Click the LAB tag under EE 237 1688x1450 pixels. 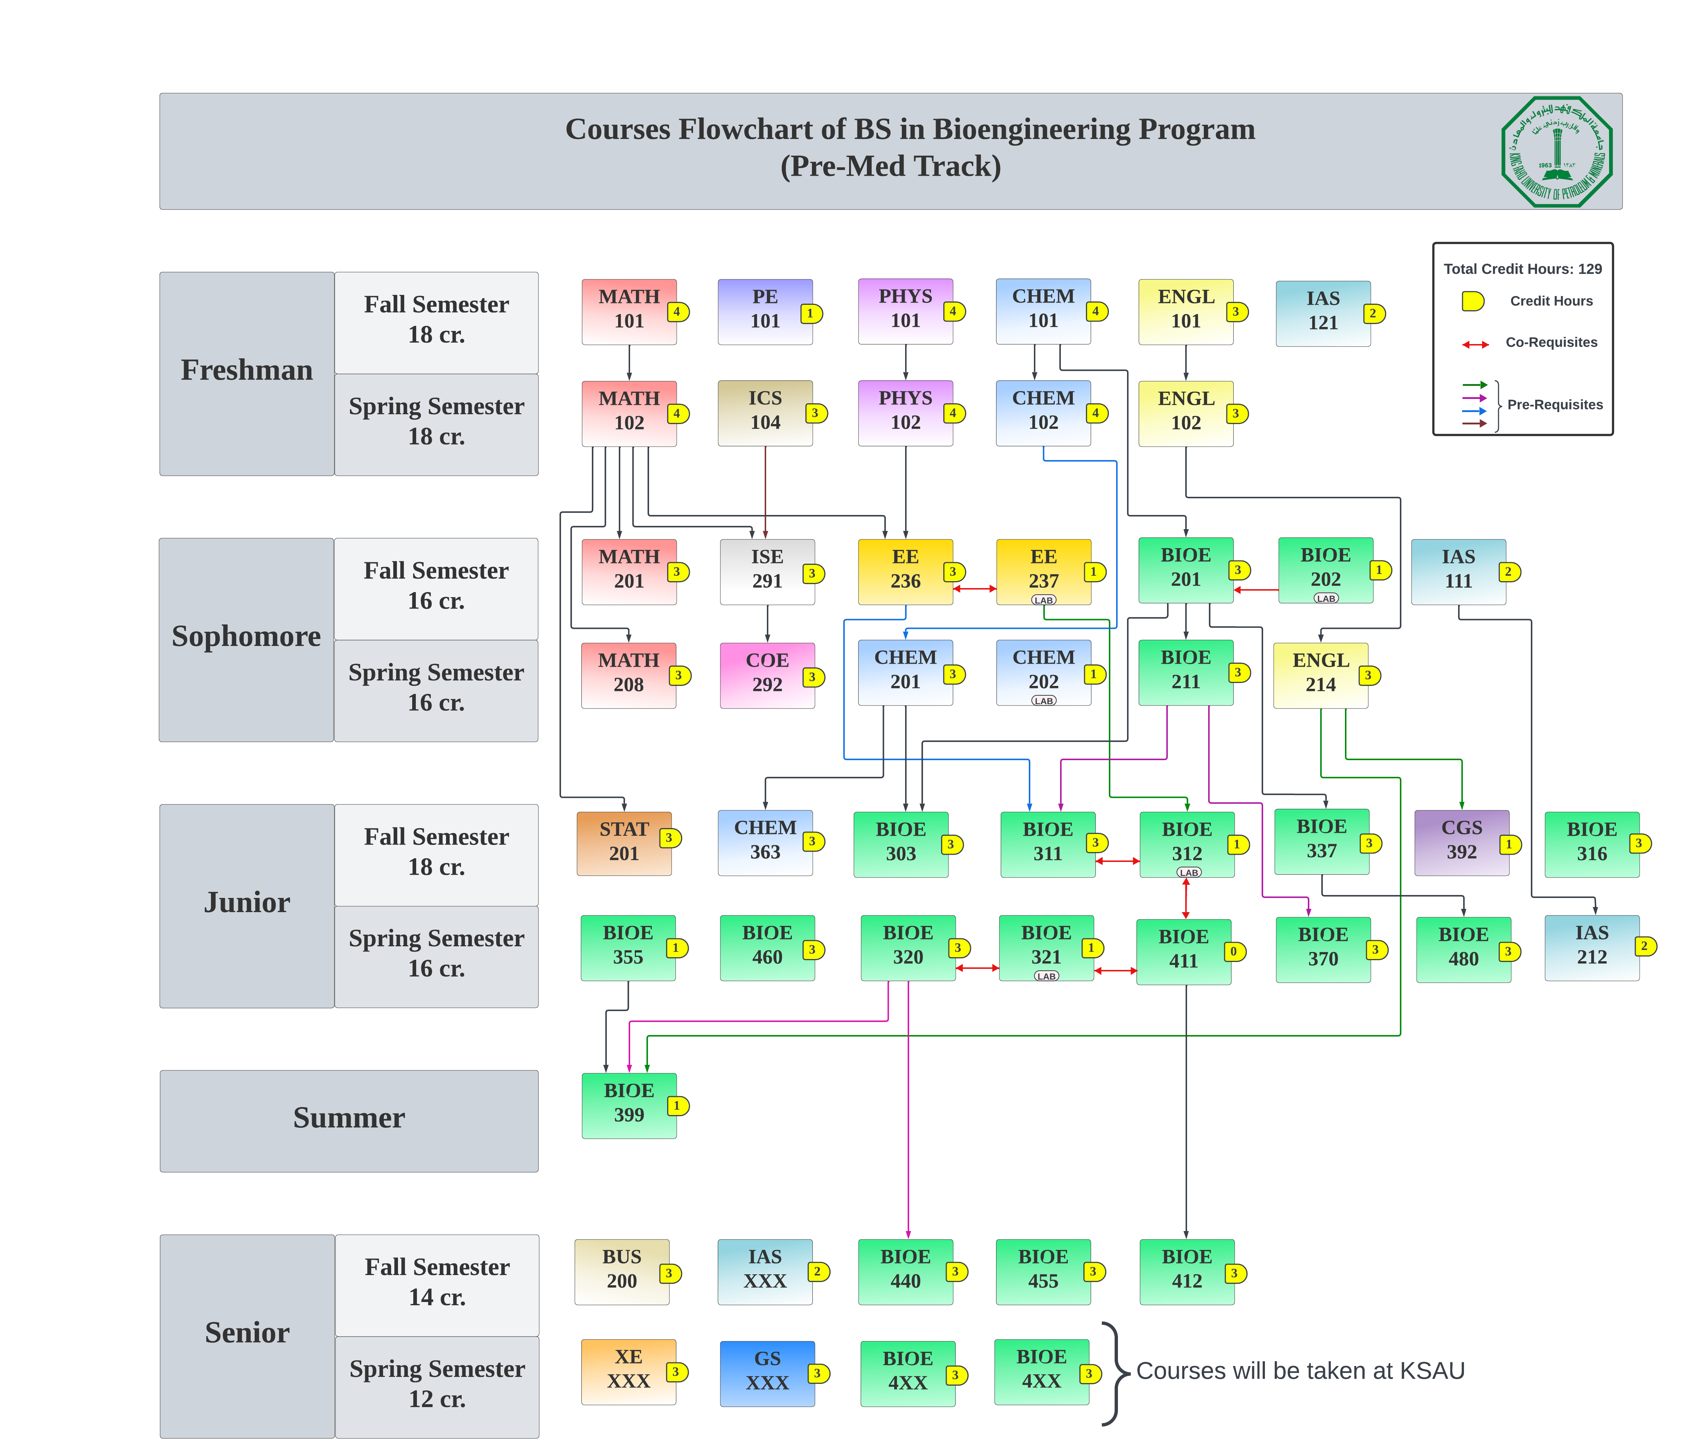[x=1044, y=600]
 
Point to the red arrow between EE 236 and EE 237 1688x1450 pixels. [x=974, y=588]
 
